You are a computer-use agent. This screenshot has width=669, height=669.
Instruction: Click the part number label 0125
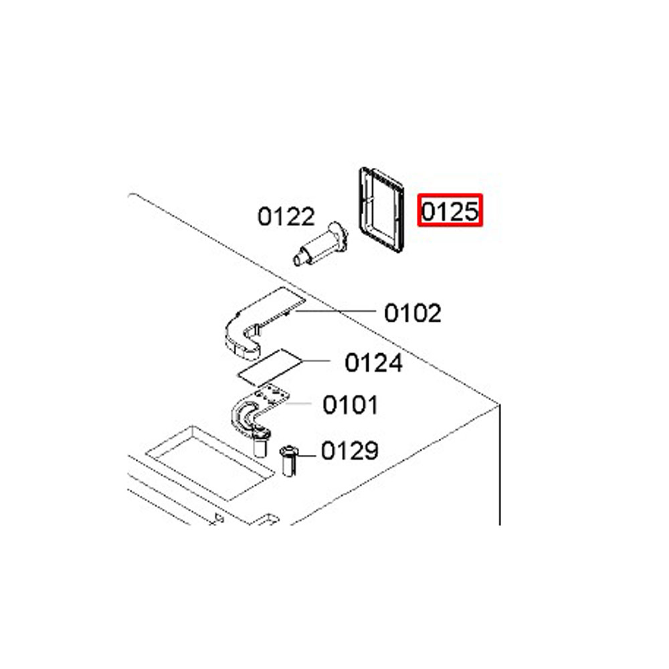(x=450, y=211)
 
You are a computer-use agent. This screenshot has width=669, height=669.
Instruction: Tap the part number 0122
(x=286, y=216)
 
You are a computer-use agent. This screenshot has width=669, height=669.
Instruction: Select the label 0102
(x=413, y=313)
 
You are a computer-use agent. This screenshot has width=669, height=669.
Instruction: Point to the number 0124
(x=373, y=363)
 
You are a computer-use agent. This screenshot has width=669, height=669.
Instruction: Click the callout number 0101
(x=351, y=405)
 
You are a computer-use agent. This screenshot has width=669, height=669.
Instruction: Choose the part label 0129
(x=349, y=450)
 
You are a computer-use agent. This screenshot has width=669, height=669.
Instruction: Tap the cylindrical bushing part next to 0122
(x=320, y=244)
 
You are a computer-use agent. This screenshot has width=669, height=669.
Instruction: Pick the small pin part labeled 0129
(x=289, y=461)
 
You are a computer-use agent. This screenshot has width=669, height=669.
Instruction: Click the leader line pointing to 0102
(x=335, y=311)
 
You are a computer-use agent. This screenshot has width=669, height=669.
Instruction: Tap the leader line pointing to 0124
(x=316, y=361)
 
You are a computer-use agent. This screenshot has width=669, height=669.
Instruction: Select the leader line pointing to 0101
(x=300, y=403)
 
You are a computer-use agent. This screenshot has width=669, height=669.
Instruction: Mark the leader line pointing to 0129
(x=306, y=455)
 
